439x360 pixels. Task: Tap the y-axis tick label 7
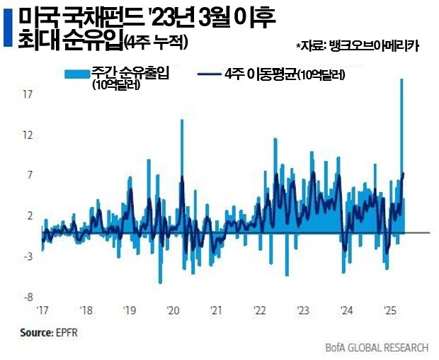[30, 175]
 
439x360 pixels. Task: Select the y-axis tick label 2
[30, 215]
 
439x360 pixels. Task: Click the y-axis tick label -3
[28, 257]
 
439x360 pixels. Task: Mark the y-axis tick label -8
[28, 297]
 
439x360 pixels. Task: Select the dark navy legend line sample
[207, 74]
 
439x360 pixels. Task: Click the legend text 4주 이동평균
[258, 73]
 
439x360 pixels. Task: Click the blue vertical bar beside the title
[8, 28]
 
